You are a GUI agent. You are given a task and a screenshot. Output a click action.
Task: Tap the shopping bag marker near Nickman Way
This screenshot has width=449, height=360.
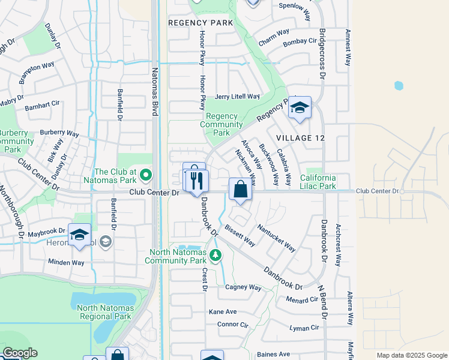click(240, 190)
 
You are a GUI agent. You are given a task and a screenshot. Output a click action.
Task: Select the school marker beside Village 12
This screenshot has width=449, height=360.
click(299, 108)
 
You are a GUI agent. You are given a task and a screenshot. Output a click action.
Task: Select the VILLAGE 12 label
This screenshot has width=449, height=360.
click(300, 138)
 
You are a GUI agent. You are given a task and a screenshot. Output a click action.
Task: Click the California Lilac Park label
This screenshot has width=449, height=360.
click(327, 182)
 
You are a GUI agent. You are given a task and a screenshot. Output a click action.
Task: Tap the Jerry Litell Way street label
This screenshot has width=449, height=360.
click(237, 97)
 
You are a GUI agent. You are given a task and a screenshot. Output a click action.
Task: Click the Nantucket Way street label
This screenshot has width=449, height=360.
click(276, 238)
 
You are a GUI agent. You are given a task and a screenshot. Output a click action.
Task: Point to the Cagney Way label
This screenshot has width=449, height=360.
click(243, 287)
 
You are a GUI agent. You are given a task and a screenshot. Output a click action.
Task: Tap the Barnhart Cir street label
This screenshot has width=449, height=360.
click(42, 107)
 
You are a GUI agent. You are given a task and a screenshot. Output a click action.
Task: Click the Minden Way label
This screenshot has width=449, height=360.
click(65, 262)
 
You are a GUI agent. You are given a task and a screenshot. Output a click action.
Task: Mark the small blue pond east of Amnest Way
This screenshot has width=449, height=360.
click(399, 86)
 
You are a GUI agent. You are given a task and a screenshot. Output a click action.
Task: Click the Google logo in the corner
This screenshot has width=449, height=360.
click(19, 353)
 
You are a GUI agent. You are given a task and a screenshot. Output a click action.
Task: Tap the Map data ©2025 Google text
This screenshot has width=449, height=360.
click(411, 355)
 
